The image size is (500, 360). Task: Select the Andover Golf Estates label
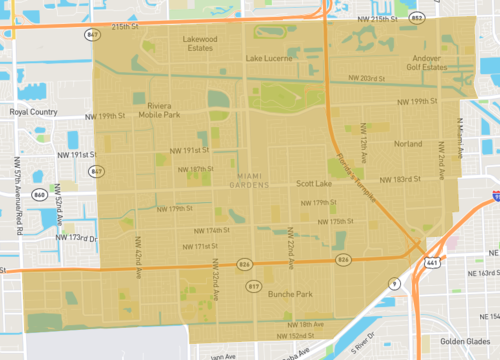tap(423, 63)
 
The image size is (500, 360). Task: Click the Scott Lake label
tap(315, 185)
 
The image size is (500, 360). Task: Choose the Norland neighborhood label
tap(408, 144)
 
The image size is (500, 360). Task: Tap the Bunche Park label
tap(292, 295)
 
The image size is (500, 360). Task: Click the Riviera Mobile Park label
tap(162, 110)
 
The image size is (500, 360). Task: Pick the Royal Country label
tap(33, 113)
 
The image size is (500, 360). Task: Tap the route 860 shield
tap(38, 193)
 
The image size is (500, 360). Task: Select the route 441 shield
tap(432, 261)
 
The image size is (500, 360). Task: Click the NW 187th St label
tap(196, 169)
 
